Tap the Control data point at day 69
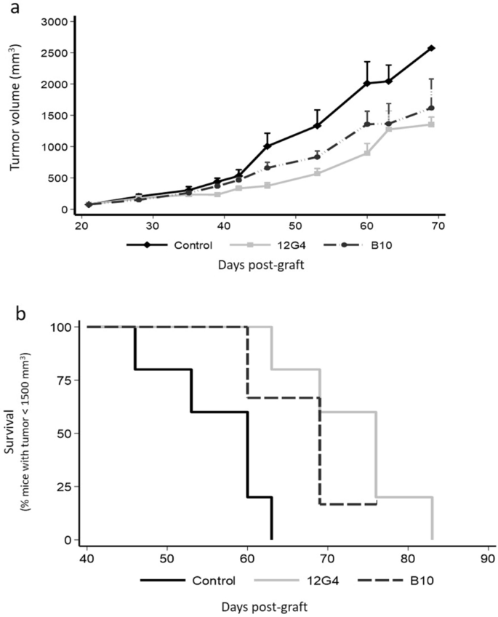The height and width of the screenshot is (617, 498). [432, 48]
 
